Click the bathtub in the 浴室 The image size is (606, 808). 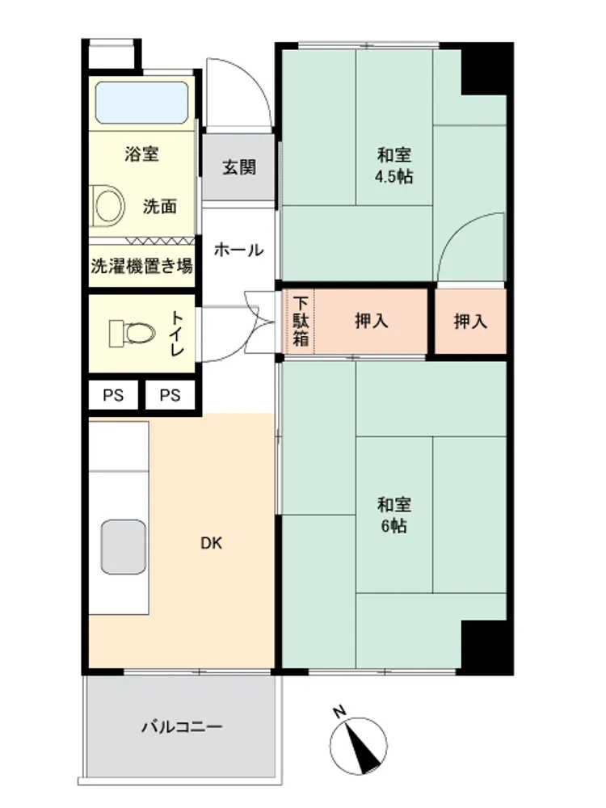141,103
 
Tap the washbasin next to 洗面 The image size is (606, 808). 107,205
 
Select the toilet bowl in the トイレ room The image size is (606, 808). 133,334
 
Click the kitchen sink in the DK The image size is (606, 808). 124,547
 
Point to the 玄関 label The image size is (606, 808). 238,167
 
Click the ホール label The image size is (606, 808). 238,250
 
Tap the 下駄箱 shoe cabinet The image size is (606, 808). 300,322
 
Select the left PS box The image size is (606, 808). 113,395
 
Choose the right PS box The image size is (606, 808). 170,395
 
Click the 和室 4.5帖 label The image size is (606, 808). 393,166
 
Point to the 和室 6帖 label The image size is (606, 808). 394,515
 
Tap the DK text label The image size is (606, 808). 211,543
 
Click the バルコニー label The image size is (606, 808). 182,727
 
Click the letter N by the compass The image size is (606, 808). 339,712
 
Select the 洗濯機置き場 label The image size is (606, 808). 141,266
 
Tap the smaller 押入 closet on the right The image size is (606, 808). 470,322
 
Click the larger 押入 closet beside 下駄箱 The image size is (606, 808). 371,322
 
